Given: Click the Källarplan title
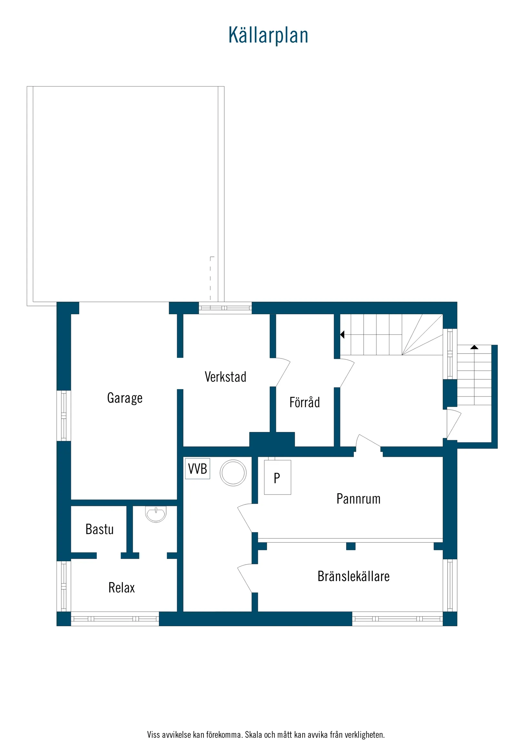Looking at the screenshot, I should [x=268, y=35].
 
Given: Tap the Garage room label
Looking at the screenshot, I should [x=125, y=398].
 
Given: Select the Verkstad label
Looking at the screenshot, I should [x=225, y=377].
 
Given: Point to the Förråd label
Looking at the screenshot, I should [x=304, y=402].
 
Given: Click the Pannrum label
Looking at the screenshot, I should [x=359, y=499].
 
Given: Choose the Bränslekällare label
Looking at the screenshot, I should [x=353, y=576].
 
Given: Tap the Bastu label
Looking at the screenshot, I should [x=99, y=529].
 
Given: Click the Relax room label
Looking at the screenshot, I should [x=122, y=588].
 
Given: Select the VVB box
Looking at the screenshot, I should [x=197, y=469].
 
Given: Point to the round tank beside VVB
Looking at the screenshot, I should [x=233, y=473].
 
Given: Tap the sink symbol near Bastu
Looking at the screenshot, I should [x=156, y=514].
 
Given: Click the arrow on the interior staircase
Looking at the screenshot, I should [x=342, y=335].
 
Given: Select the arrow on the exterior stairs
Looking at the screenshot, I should [x=474, y=347].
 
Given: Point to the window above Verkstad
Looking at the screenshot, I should [x=225, y=308].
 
